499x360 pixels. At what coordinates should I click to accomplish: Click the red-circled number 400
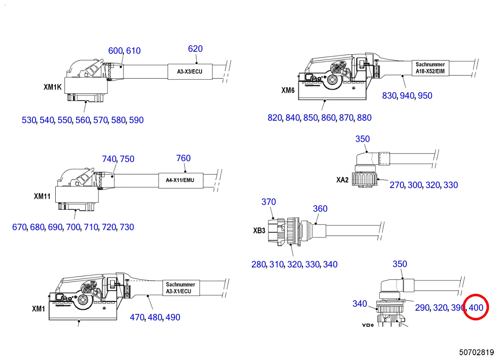(476, 308)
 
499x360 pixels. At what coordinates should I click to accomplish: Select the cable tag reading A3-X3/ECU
(190, 72)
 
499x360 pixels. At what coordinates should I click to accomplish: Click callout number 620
(195, 49)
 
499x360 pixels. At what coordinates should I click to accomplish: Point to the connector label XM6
(288, 91)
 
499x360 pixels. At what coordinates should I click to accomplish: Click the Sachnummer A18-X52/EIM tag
(430, 68)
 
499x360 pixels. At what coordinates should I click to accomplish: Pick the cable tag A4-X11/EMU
(180, 180)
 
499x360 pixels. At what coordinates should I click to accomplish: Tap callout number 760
(183, 158)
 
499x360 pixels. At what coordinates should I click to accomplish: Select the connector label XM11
(42, 196)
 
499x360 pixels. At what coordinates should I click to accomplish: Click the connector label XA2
(342, 180)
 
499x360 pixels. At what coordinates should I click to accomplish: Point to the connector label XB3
(259, 231)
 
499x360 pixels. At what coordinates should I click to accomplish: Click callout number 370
(269, 202)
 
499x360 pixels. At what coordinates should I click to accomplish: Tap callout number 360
(320, 208)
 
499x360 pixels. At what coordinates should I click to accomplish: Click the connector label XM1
(38, 309)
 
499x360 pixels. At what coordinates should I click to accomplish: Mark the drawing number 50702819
(477, 352)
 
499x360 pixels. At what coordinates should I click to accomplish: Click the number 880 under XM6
(364, 118)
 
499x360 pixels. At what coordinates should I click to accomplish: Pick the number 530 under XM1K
(29, 120)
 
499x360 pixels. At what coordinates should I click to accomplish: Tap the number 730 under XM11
(127, 227)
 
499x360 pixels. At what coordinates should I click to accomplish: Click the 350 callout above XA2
(362, 139)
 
